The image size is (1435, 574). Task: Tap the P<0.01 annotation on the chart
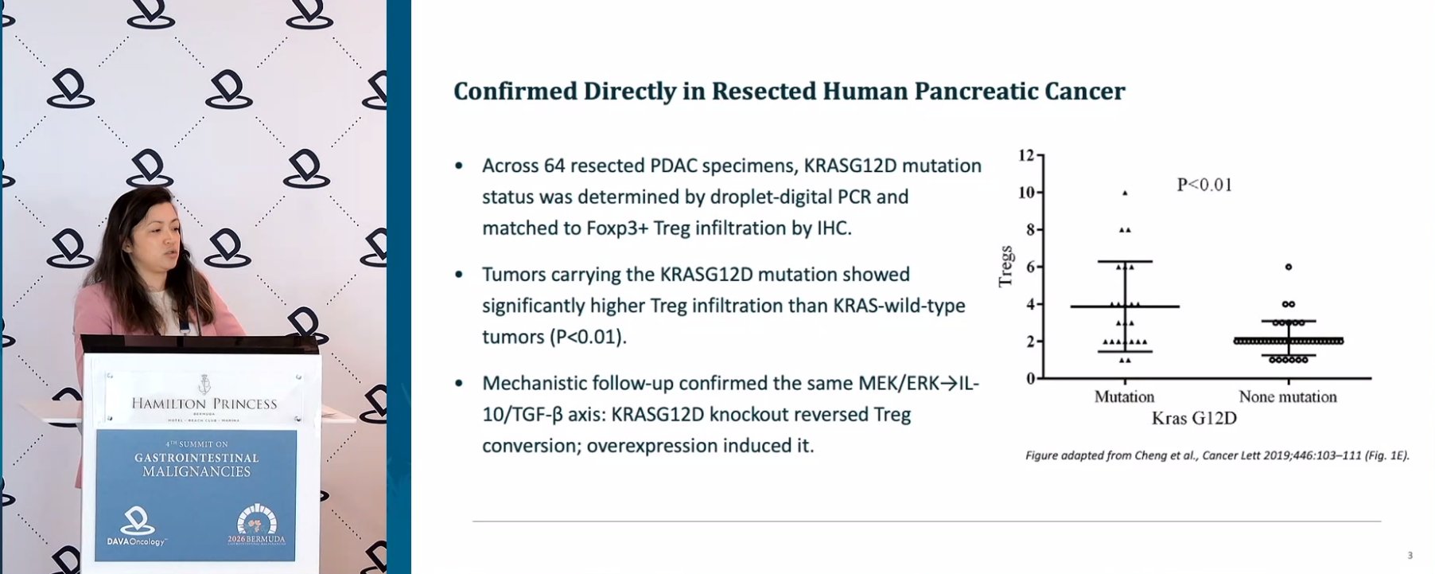(1204, 185)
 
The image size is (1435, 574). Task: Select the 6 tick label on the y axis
(1030, 267)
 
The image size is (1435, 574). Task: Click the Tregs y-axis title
(1006, 266)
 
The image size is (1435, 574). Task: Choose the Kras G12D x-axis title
(1194, 418)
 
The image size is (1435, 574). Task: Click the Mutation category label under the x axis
(1124, 396)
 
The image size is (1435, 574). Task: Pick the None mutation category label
(1288, 396)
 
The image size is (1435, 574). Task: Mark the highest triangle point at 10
(1125, 193)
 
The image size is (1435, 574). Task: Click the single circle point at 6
(1289, 267)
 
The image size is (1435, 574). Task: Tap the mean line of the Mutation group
(1125, 307)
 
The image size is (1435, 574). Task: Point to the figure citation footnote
(1217, 455)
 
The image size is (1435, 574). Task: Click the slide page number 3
(1410, 555)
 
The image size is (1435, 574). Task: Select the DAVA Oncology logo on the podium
(137, 527)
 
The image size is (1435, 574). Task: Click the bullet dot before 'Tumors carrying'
(459, 275)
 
